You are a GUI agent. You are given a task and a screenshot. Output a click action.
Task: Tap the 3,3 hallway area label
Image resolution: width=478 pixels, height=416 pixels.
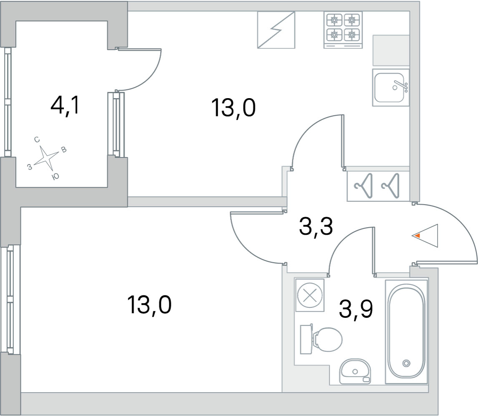(x=316, y=226)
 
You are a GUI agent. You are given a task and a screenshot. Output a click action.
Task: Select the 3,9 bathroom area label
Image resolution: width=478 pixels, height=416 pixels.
(x=356, y=309)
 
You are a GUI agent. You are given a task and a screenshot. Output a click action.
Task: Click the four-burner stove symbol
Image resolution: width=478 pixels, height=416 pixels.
(x=343, y=30)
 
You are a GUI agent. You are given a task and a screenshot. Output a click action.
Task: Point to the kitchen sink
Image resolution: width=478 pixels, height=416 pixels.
(x=390, y=88)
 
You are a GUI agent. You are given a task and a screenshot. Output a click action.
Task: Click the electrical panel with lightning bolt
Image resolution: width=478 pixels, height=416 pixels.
(x=276, y=30)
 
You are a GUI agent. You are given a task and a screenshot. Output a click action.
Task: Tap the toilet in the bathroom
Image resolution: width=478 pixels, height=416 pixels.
(x=321, y=339)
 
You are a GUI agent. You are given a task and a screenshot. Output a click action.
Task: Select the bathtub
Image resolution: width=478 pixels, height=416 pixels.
(x=406, y=331)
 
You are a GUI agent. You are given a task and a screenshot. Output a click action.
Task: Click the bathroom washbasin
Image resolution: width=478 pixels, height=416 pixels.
(x=355, y=371)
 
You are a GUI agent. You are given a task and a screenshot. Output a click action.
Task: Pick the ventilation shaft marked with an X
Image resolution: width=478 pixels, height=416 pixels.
(x=310, y=295)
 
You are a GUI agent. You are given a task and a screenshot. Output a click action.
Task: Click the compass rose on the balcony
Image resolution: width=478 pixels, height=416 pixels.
(x=46, y=158)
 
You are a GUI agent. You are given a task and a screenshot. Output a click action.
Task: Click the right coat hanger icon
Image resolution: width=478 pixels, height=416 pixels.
(x=390, y=185)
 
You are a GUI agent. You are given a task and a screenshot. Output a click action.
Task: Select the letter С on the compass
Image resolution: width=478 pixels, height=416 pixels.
(x=37, y=140)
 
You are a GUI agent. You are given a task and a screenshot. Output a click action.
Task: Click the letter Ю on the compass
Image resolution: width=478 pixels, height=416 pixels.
(x=55, y=176)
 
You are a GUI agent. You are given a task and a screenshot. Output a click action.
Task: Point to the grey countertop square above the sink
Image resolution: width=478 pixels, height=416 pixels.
(x=391, y=51)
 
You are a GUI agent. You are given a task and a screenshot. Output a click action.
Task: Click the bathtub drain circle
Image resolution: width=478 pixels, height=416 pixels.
(x=406, y=363)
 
